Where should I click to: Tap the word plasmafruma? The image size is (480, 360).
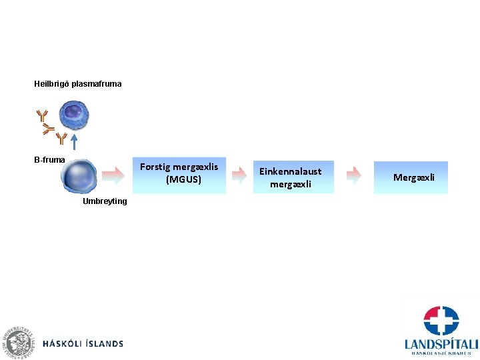coord(96,85)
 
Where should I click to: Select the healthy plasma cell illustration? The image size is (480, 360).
coord(73,115)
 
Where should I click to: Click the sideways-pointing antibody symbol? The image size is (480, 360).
coord(47,128)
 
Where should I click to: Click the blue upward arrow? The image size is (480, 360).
coord(75,141)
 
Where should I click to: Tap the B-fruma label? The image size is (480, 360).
coord(50,160)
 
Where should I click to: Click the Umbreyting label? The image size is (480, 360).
coord(105,201)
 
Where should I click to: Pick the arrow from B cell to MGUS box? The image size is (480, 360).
coord(114,176)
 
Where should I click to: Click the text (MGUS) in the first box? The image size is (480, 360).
coord(183,180)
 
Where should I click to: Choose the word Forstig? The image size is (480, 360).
coord(155,167)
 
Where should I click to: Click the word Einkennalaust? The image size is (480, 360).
coord(290,171)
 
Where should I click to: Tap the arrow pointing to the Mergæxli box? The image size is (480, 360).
coord(354,176)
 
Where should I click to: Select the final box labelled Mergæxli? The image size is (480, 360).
coord(411,177)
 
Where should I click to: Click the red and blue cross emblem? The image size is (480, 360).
coord(441,321)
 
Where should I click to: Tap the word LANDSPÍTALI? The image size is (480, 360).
coord(441,344)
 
